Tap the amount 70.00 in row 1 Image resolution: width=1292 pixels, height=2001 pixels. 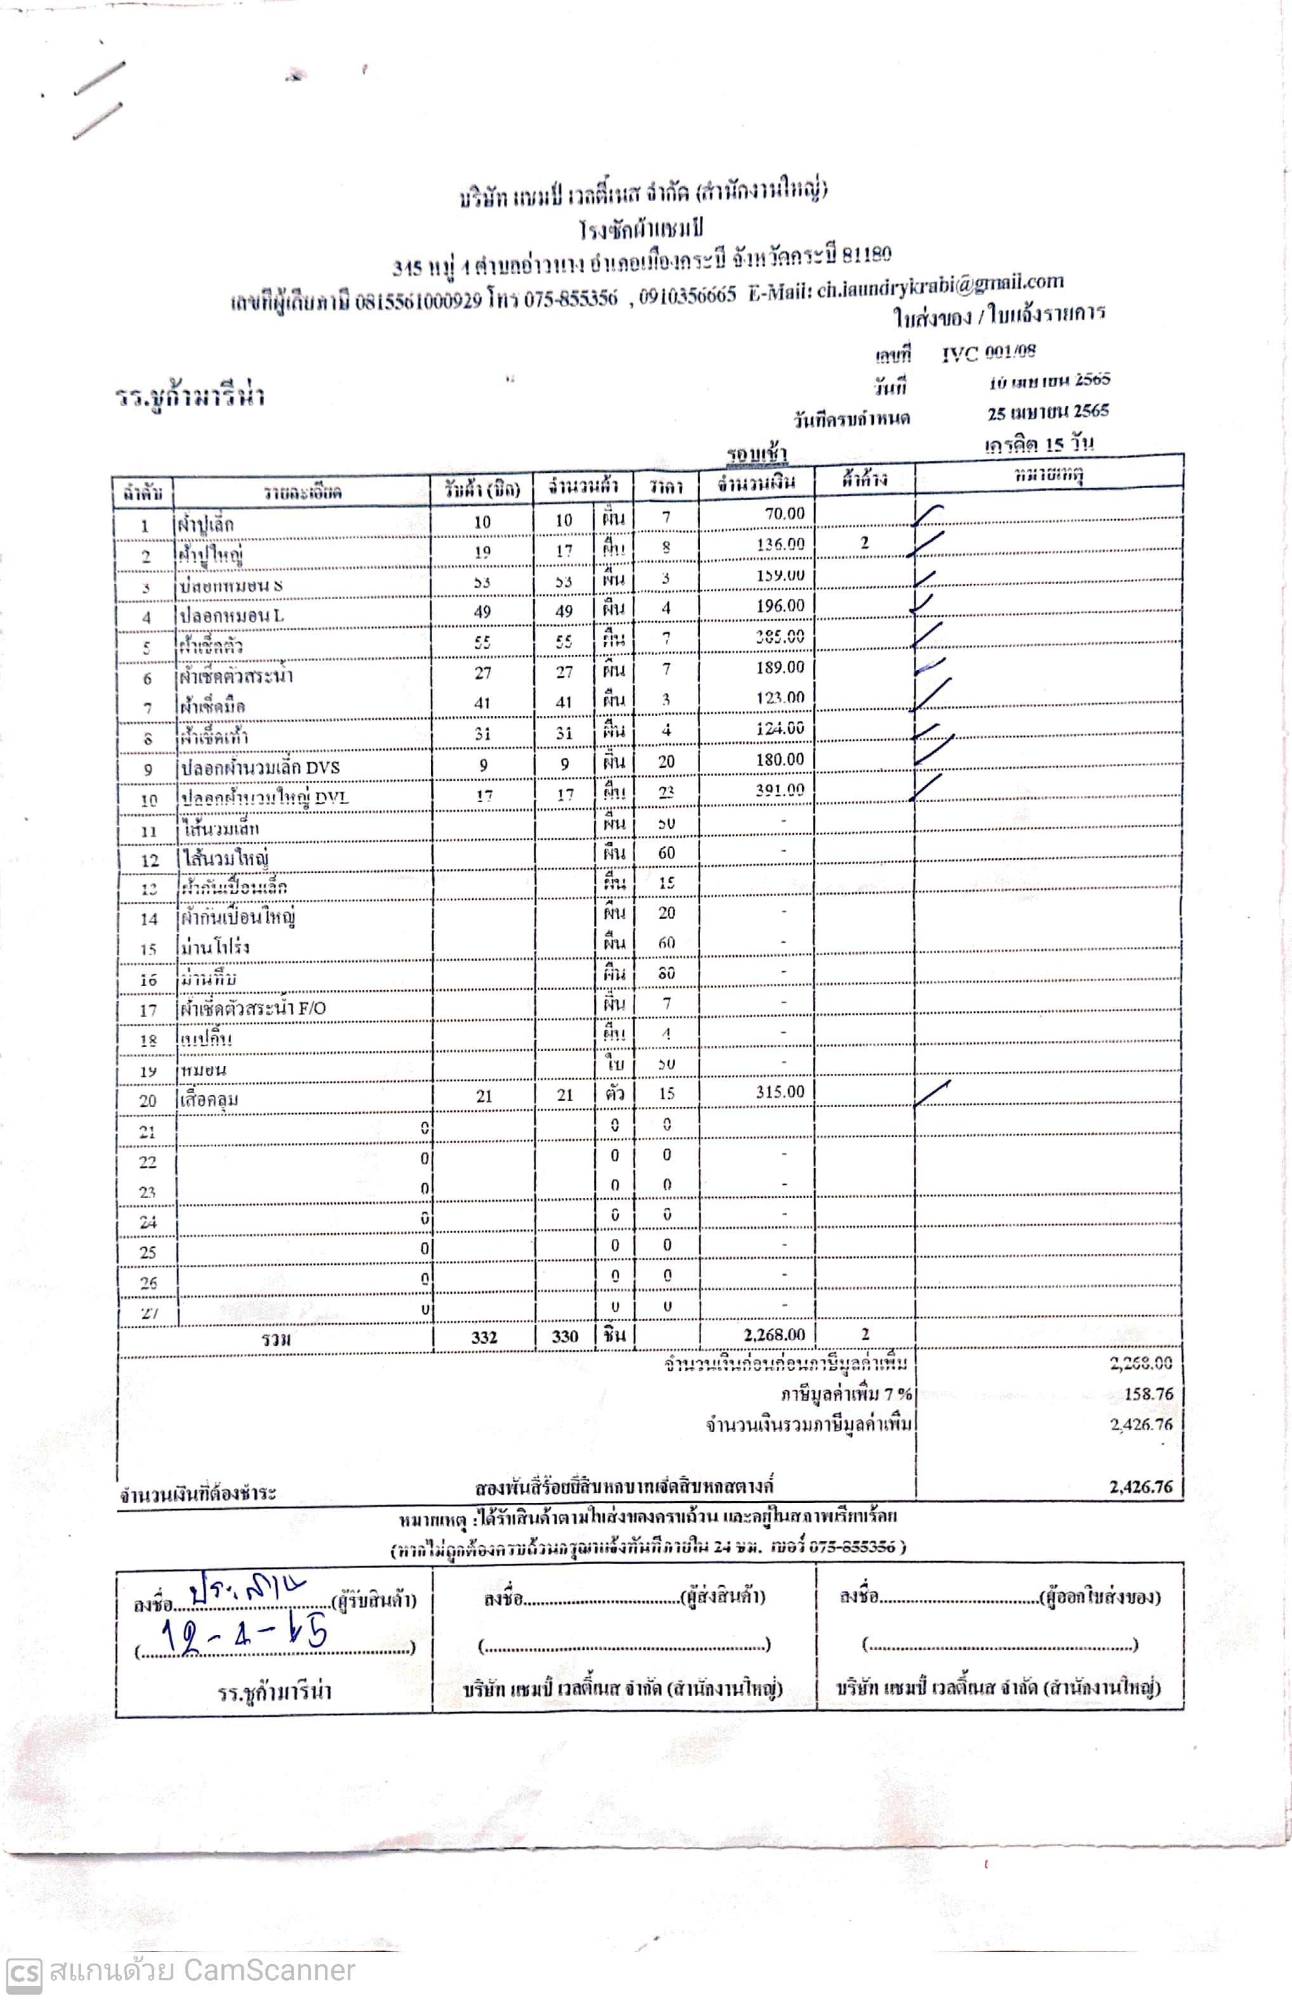[784, 513]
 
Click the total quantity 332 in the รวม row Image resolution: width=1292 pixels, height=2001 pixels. [484, 1337]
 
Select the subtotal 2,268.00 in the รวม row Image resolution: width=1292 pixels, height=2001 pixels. [774, 1334]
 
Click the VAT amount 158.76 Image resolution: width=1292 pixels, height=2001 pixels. [1148, 1394]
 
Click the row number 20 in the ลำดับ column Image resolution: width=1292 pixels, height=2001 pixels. [148, 1100]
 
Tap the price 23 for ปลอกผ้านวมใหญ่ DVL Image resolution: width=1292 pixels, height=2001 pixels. [666, 792]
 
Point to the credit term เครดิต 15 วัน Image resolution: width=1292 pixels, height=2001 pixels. [1039, 443]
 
